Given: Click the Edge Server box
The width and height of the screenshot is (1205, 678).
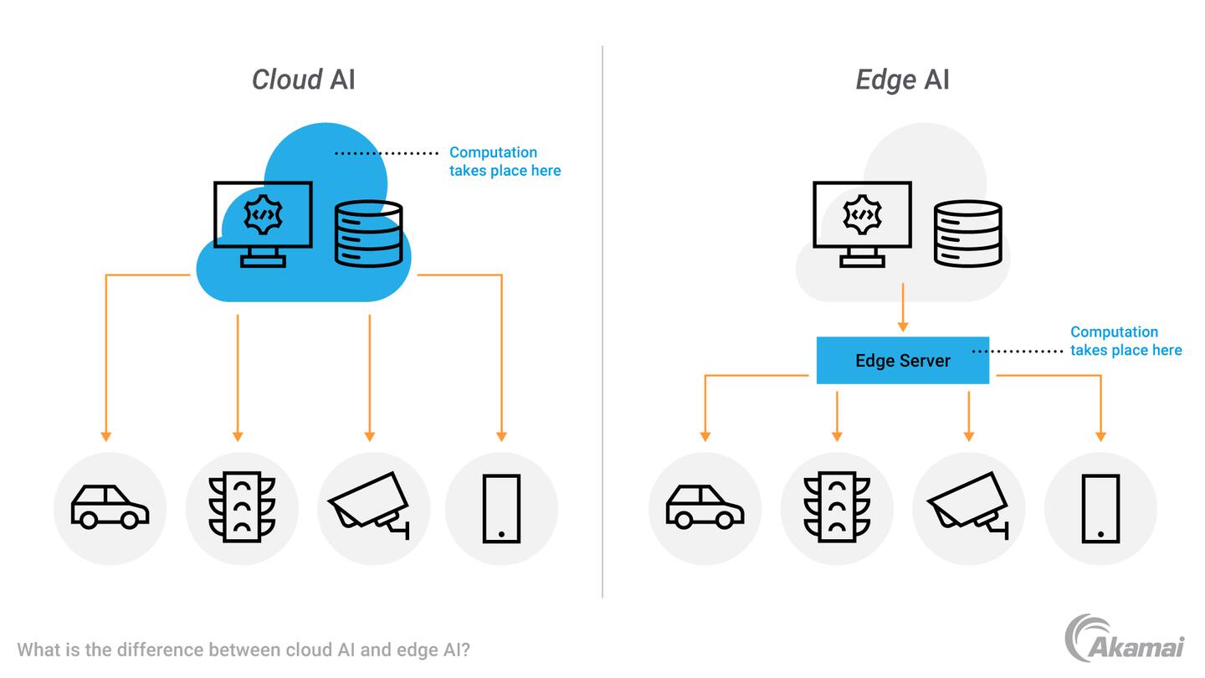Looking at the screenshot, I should tap(902, 361).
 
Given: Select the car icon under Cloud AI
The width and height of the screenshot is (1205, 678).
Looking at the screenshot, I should tap(110, 507).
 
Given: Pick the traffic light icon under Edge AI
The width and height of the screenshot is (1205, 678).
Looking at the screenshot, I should tap(837, 507).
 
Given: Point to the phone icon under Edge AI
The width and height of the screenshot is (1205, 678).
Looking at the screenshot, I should tap(1100, 508).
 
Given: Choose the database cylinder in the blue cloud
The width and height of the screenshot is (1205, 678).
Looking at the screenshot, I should tap(368, 234).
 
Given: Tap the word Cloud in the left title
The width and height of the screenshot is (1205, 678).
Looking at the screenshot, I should tap(287, 80).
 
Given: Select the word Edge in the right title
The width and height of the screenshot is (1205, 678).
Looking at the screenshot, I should tap(885, 80).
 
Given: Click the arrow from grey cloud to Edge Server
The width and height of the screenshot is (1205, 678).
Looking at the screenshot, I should tap(902, 308).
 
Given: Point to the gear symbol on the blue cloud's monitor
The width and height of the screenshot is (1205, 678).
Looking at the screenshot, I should tap(263, 214).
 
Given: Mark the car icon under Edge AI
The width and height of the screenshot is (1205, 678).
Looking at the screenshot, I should tap(705, 507).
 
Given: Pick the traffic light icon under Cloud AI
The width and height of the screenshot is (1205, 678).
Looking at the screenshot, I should tap(242, 507).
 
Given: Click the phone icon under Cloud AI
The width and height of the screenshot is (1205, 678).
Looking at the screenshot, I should tap(501, 508).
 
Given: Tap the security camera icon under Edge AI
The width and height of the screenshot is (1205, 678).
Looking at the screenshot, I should tap(969, 506).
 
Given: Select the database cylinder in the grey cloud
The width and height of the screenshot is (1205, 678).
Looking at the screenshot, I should tap(967, 234).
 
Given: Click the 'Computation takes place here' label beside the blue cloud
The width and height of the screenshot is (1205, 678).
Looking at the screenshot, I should tap(505, 162).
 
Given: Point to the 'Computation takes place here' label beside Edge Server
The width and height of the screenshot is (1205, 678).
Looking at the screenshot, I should tap(1126, 342).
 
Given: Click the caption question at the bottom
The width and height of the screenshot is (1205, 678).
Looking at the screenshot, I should tap(244, 650).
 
